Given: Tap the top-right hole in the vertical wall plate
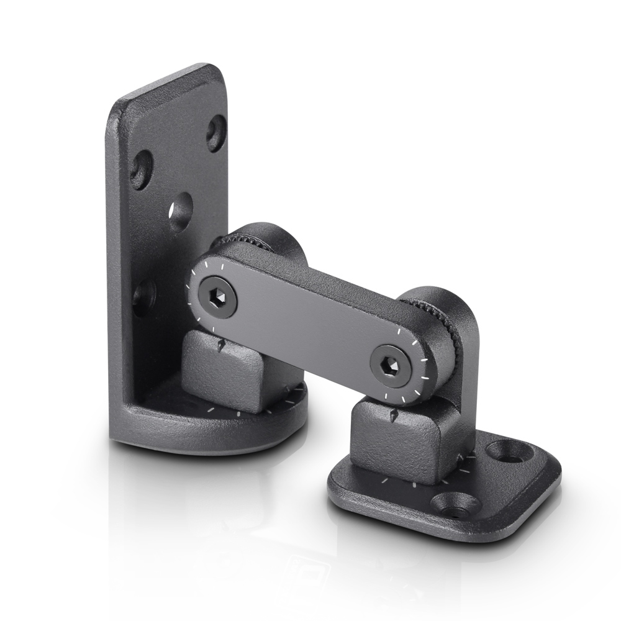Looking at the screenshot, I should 216,132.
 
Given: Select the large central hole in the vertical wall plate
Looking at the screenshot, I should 181,212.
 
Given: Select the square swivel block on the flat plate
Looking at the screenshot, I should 397,444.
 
